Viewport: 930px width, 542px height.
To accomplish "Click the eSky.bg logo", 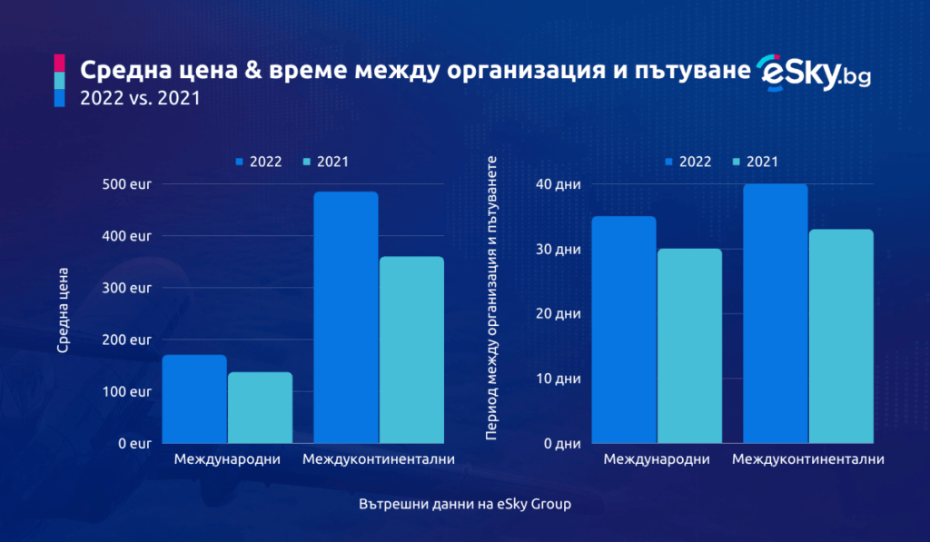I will (x=814, y=73).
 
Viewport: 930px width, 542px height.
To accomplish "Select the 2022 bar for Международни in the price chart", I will (x=194, y=399).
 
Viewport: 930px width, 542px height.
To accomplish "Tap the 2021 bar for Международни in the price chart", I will (x=260, y=408).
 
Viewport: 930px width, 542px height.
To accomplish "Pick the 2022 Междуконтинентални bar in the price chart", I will (x=346, y=318).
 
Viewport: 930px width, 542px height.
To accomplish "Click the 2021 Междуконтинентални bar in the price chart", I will (x=411, y=350).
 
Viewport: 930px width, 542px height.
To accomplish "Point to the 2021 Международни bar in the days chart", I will (x=689, y=346).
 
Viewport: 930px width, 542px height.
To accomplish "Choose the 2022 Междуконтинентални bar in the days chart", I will (x=776, y=313).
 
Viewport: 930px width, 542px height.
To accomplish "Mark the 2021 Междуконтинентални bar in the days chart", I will (x=841, y=336).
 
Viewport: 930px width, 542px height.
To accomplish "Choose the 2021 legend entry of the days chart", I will (x=755, y=162).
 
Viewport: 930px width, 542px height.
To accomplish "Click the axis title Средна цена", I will (x=63, y=310).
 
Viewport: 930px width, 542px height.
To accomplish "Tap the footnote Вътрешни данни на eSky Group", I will (x=464, y=503).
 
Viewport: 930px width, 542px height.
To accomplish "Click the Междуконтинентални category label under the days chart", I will (x=807, y=459).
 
